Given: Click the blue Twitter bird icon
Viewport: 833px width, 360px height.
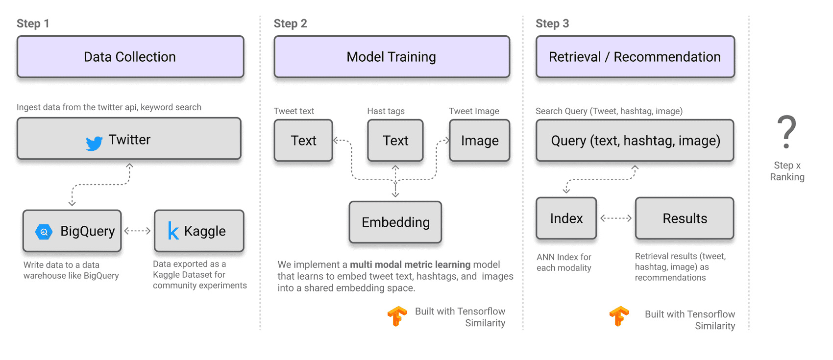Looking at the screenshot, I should (x=94, y=143).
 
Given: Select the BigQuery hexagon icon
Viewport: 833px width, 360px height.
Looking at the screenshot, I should (x=44, y=232).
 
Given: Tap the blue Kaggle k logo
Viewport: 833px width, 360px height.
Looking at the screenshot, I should (x=173, y=231).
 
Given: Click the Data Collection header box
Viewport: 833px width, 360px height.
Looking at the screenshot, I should (x=130, y=57).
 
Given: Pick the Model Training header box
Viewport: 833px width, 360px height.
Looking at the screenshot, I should (x=392, y=57).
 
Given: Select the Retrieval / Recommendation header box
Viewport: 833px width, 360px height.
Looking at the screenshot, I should (x=635, y=57).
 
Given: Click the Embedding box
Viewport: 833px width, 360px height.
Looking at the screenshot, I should (x=395, y=222).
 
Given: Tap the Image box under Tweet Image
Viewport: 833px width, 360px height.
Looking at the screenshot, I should (x=479, y=141).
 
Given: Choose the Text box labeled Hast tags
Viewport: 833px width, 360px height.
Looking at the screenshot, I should (x=395, y=141).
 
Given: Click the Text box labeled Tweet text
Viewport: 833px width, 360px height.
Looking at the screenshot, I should (x=303, y=141).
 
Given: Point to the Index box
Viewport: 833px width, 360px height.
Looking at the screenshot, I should (x=566, y=218).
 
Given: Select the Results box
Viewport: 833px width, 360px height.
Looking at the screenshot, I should (x=685, y=218).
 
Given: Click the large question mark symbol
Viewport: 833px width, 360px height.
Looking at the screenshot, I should (x=786, y=131).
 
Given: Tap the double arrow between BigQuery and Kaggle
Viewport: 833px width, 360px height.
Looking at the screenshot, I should (x=137, y=231).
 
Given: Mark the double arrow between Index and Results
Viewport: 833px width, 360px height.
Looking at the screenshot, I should (x=616, y=218).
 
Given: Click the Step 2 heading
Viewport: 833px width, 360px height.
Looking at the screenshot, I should (x=290, y=24).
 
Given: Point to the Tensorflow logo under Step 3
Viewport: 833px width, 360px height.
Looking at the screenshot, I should (x=619, y=316).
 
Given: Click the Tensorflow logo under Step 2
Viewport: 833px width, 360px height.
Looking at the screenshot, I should (x=397, y=316).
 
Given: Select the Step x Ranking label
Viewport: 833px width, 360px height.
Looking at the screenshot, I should (x=787, y=171).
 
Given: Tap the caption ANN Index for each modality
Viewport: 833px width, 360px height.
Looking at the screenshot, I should (x=563, y=263).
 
